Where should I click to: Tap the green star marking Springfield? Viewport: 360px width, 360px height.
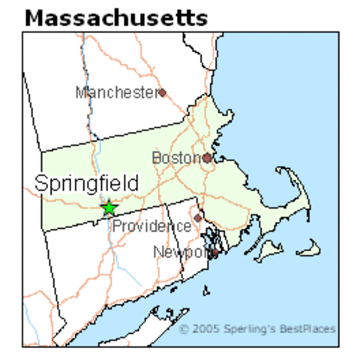coord(109,208)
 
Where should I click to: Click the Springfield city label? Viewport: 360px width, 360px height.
coord(86,183)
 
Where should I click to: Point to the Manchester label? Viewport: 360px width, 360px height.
coord(115,92)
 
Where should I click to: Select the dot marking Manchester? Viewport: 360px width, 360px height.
coord(161,92)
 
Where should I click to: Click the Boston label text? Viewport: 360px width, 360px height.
coord(176,157)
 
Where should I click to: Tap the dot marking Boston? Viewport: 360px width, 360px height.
coord(207,158)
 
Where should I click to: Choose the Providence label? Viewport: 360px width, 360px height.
coord(151,226)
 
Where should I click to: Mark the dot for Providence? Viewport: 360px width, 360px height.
coord(198,218)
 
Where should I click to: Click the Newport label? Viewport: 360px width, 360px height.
coord(180,252)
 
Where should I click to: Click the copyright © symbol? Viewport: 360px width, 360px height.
coord(184,328)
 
